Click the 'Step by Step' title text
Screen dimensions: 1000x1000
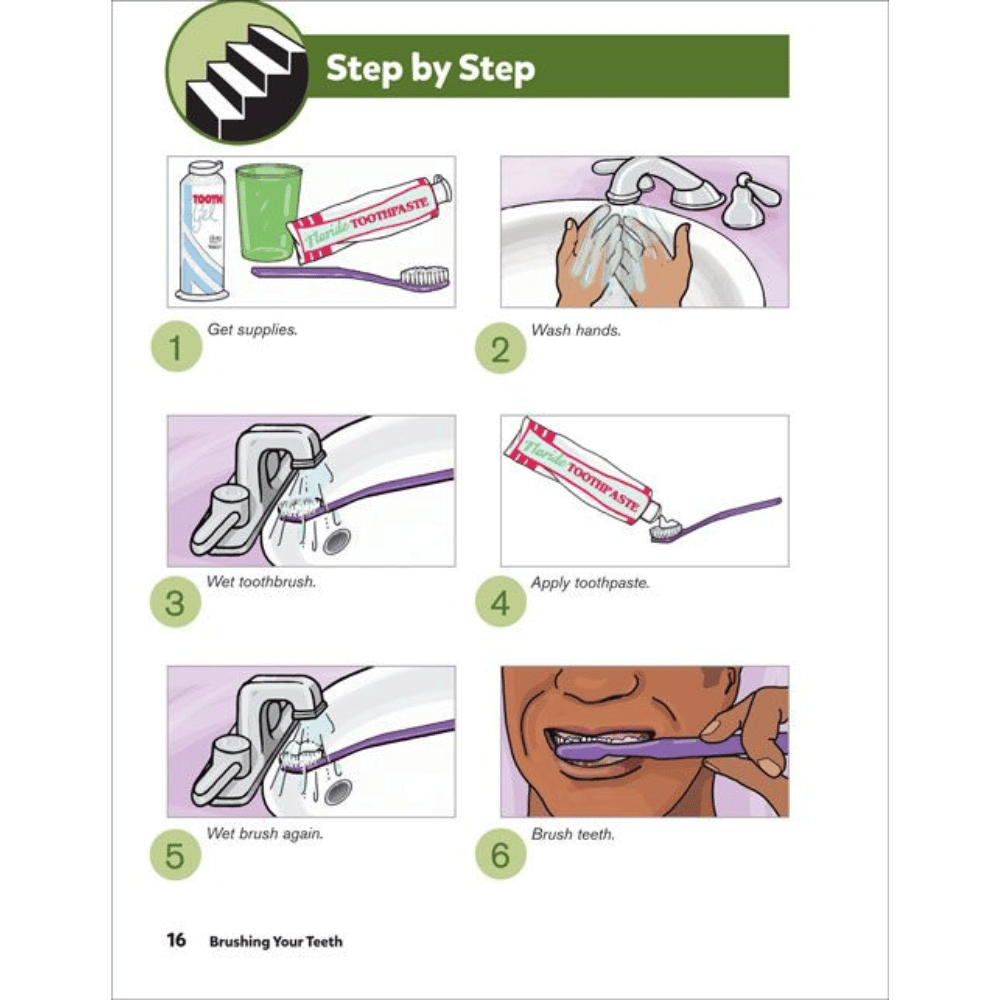click(x=430, y=68)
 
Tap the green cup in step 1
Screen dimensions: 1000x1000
click(x=268, y=213)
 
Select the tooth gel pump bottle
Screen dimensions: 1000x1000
click(x=202, y=230)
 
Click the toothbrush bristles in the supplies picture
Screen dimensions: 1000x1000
click(x=424, y=276)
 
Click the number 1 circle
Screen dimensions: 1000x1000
click(x=176, y=347)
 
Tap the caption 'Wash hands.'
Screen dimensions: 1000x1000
click(x=575, y=330)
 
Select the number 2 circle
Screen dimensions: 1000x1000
click(x=501, y=348)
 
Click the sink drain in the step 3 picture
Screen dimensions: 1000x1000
click(x=336, y=541)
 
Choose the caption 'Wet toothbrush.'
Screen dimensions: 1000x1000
click(x=261, y=582)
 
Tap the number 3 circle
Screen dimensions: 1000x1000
click(x=175, y=602)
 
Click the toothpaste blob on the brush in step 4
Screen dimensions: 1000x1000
click(x=666, y=526)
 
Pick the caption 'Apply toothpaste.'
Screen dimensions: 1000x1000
click(x=590, y=583)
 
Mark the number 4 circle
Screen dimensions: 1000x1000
click(x=501, y=602)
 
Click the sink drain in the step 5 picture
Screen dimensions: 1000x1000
click(x=337, y=792)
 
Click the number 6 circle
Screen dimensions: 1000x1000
click(x=501, y=854)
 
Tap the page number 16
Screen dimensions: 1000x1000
click(x=176, y=940)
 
